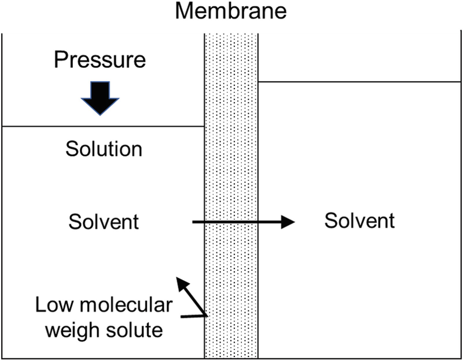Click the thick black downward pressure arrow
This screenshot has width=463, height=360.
click(100, 97)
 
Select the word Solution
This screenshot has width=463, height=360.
click(104, 149)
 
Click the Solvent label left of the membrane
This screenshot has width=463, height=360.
click(104, 222)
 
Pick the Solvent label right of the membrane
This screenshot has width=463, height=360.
click(359, 221)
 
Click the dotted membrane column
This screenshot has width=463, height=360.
click(231, 174)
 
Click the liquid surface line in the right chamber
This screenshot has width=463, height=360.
click(359, 82)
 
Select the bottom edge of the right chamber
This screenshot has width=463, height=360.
click(359, 358)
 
